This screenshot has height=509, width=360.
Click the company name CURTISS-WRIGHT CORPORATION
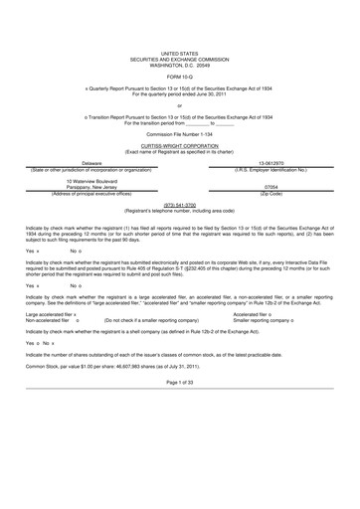tap(180, 143)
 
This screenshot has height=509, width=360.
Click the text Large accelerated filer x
tap(51, 314)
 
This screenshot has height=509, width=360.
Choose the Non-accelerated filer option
tap(51, 320)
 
